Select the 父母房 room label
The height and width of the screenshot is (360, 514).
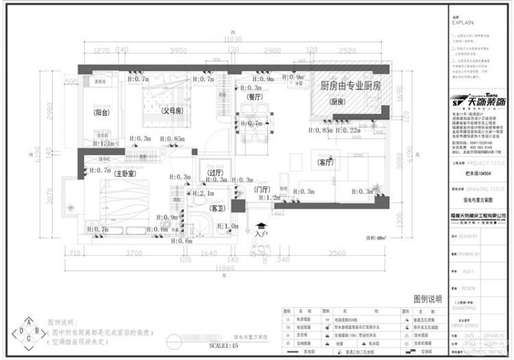coord(171,110)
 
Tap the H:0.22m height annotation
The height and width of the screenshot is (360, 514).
coord(347,130)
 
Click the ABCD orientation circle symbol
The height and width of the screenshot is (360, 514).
coord(29,332)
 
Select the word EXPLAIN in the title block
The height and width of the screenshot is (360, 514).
coord(463,23)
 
